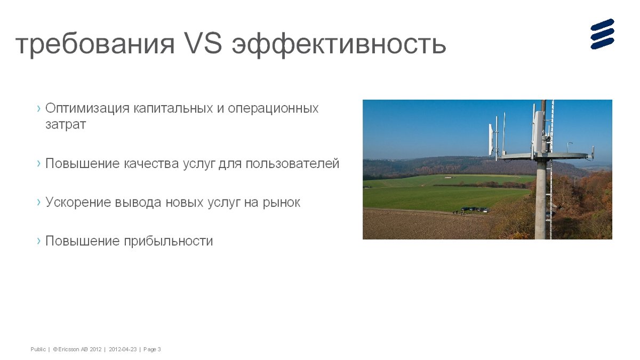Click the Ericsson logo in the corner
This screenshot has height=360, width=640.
tap(602, 34)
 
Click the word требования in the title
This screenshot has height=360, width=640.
tap(95, 44)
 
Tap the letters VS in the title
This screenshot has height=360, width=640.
tap(203, 43)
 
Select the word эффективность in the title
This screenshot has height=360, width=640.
tap(339, 44)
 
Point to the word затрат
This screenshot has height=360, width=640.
tap(66, 125)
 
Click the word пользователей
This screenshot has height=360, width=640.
tap(292, 164)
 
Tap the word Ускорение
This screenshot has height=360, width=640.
tap(78, 202)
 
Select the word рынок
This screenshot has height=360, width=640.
tap(281, 203)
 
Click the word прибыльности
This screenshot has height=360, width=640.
tap(169, 241)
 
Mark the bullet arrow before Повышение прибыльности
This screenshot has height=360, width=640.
tap(39, 241)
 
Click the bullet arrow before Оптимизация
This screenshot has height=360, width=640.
tap(39, 108)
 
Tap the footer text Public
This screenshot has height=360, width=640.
tap(38, 349)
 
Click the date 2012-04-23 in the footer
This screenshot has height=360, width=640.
tap(123, 349)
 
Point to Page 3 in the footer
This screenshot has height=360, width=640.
tap(152, 349)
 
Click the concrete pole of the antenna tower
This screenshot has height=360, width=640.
tap(541, 199)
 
